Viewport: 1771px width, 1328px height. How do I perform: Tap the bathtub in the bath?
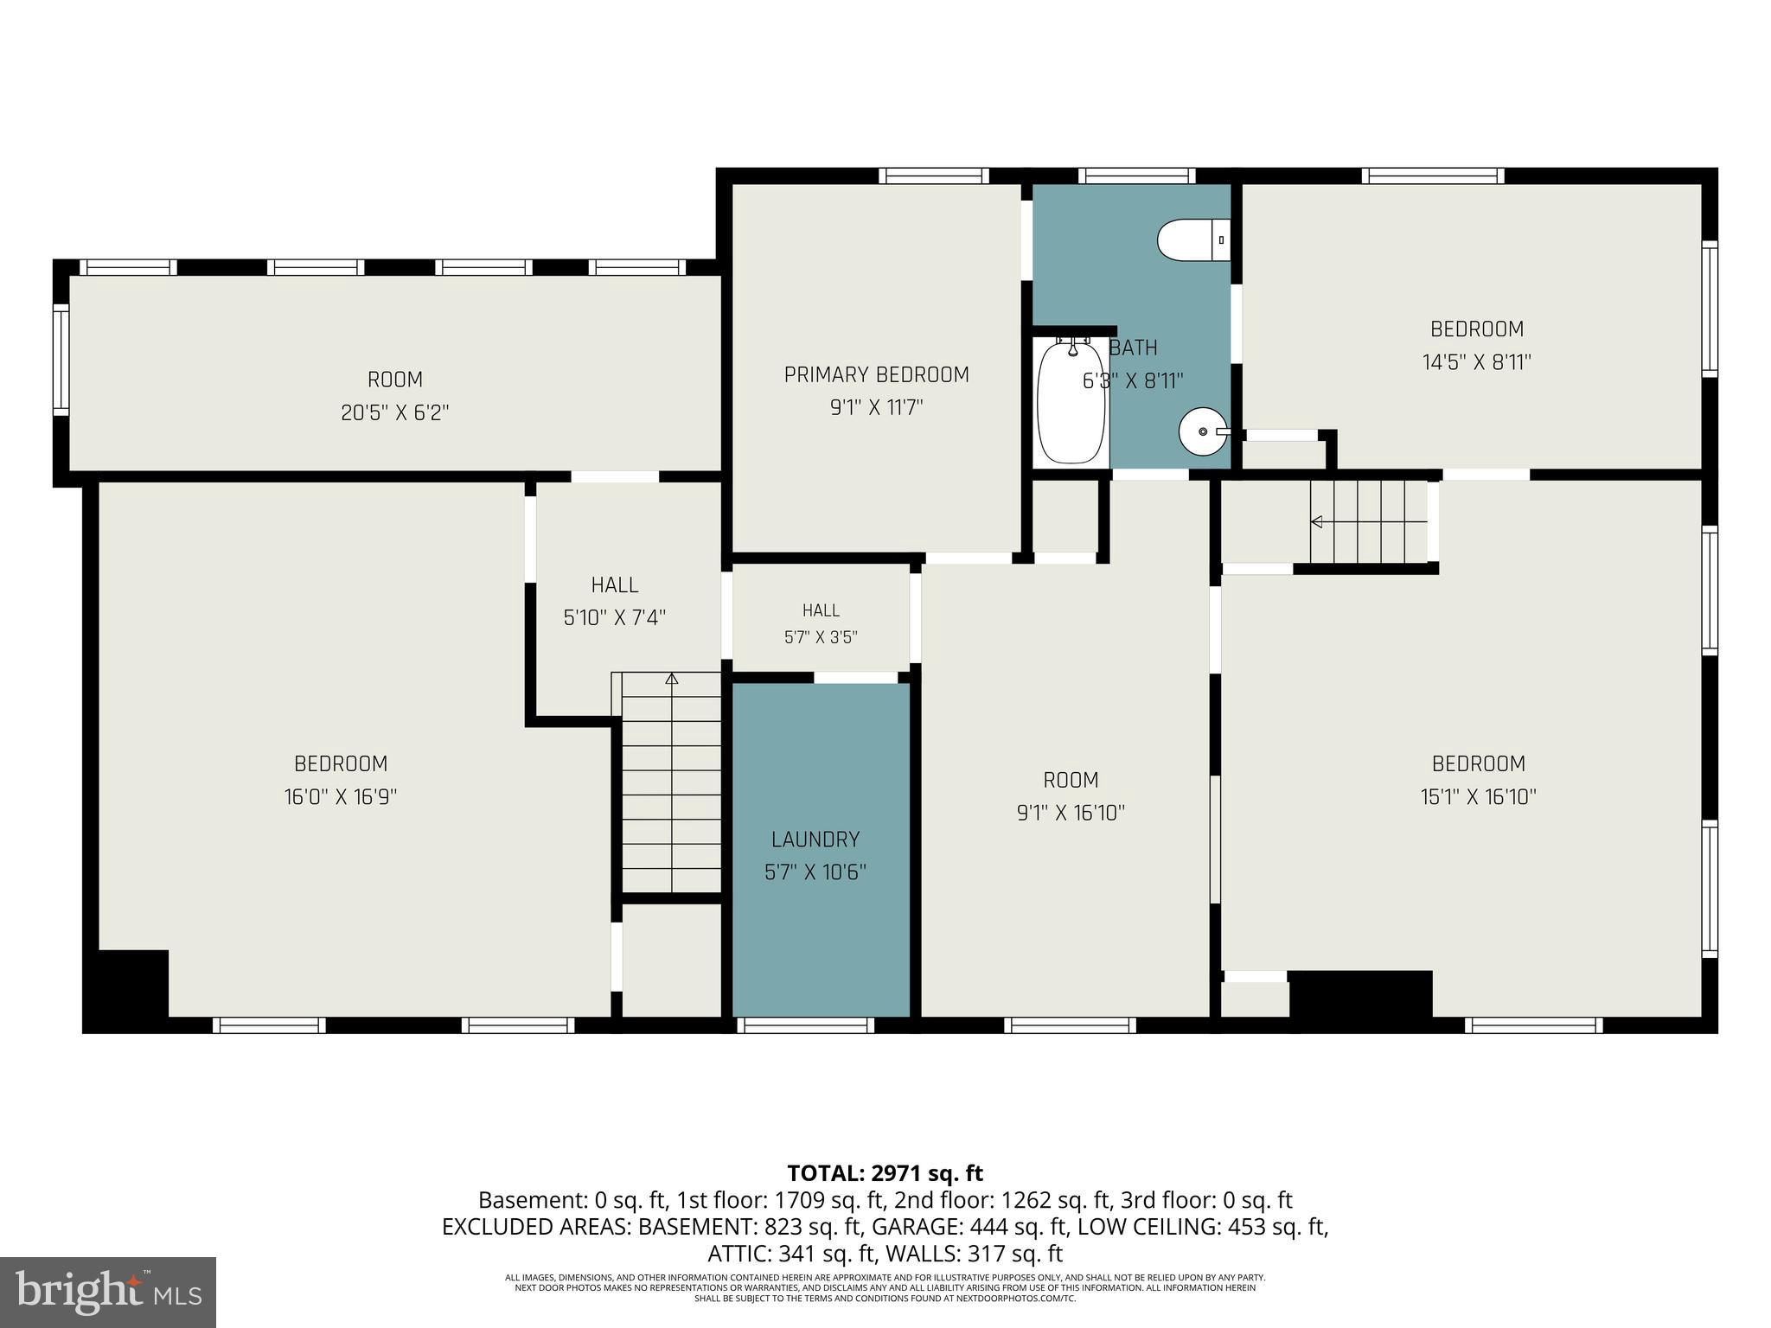coord(1071,401)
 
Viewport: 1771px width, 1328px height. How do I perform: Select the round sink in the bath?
coord(1204,431)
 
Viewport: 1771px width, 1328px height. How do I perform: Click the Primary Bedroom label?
coord(876,374)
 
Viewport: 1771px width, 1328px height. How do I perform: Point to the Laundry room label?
coord(815,840)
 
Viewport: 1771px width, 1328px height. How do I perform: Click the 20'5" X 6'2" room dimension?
coord(395,412)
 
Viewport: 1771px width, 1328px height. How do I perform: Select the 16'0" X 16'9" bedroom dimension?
coord(341,796)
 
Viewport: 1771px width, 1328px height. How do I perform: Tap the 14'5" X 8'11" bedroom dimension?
coord(1477,361)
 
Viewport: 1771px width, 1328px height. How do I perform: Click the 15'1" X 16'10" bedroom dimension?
coord(1479,796)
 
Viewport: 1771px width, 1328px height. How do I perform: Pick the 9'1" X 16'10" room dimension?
coord(1071,813)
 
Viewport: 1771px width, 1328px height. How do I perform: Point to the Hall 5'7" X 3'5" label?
coord(821,623)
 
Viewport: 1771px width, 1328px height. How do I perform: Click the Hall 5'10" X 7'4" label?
coord(615,601)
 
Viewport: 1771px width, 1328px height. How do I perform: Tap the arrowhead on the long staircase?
coord(672,679)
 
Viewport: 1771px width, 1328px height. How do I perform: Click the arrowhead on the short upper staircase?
coord(1317,521)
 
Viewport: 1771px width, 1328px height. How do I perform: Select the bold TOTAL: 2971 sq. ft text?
coord(885,1173)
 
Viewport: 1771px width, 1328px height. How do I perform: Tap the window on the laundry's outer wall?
coord(806,1025)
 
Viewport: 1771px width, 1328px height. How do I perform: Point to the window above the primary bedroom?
coord(934,176)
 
